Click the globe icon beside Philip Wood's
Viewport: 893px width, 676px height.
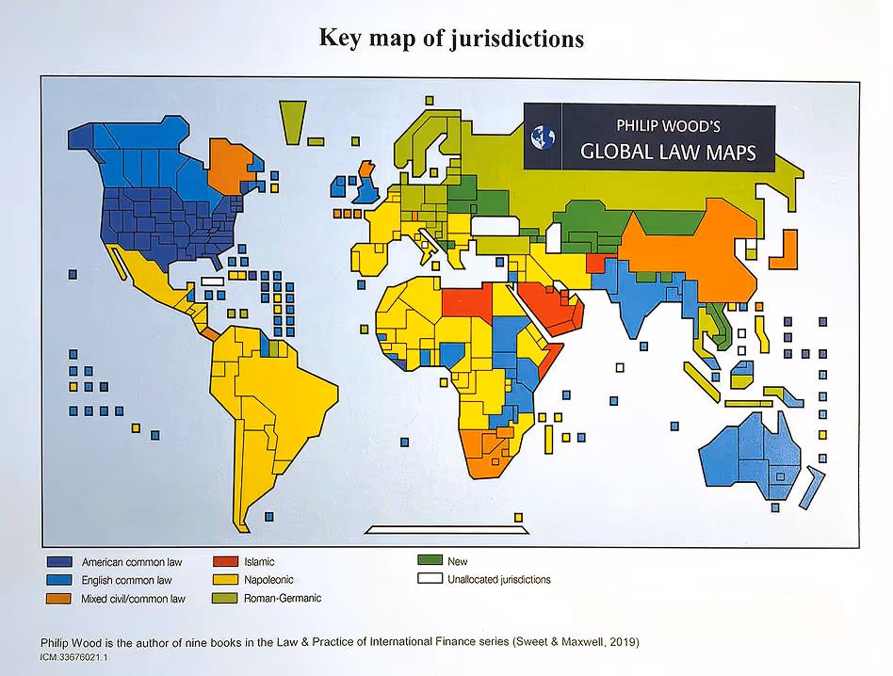tap(544, 138)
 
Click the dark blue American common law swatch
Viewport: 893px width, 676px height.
tap(58, 562)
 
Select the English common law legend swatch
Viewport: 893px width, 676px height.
tap(58, 580)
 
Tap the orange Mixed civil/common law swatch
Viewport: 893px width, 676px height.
tap(58, 598)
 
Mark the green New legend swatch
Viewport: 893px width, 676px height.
tap(430, 560)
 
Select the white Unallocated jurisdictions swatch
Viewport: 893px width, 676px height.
tap(430, 578)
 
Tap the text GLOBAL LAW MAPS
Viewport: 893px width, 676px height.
tap(668, 152)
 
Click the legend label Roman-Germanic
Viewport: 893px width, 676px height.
tap(283, 598)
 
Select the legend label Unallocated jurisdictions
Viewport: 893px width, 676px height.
tap(498, 579)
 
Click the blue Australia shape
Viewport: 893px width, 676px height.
tap(749, 457)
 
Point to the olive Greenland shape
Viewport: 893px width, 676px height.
tap(293, 121)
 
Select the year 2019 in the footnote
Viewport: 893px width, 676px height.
tap(622, 643)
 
